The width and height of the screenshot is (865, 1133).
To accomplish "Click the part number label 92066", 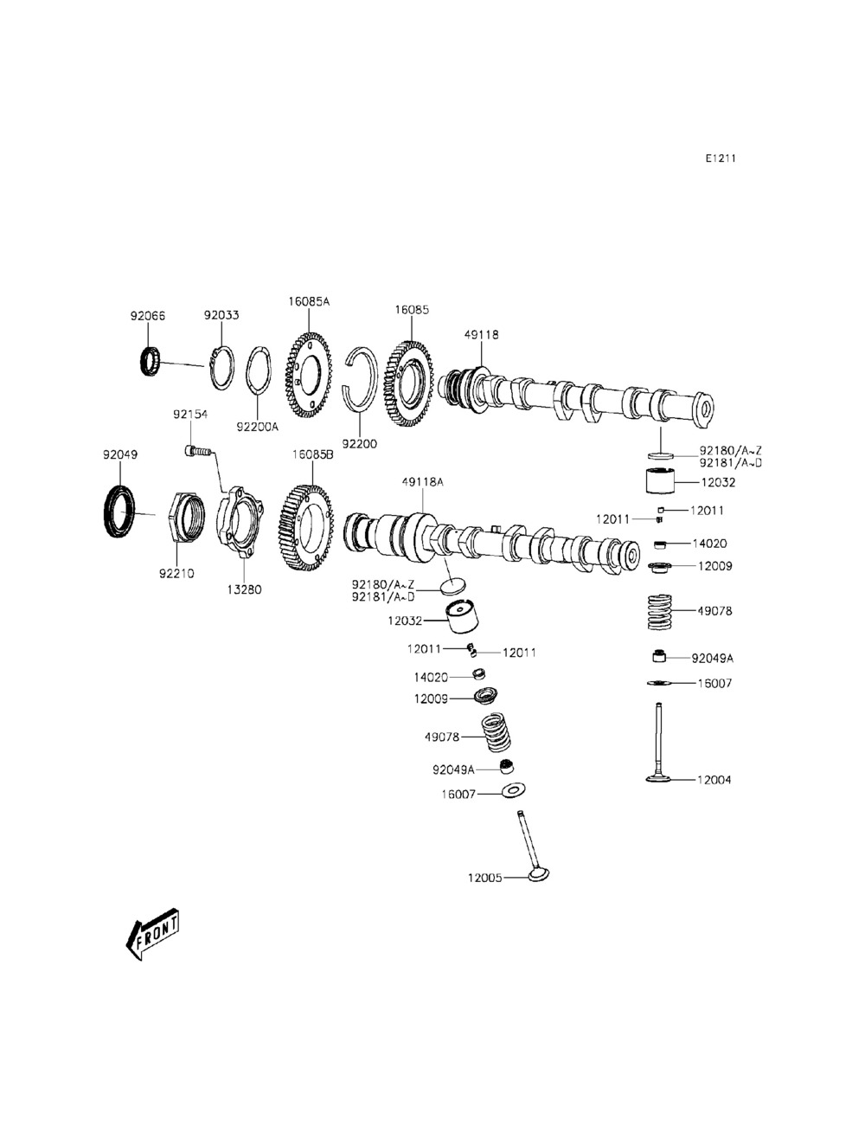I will click(x=146, y=317).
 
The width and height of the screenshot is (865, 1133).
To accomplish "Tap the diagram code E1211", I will click(x=720, y=158).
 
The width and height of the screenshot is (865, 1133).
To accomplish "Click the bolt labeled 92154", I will click(x=197, y=450).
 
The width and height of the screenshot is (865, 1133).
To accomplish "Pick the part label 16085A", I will click(x=309, y=302).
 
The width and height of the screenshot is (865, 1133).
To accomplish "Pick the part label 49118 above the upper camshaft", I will click(x=482, y=335).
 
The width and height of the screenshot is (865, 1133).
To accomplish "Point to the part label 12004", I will click(x=714, y=780).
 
